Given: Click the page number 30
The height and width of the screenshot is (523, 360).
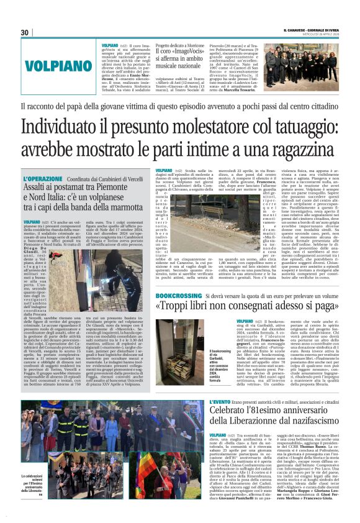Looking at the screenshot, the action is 25,33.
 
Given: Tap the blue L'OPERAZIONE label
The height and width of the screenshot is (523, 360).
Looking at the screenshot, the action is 43,178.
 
